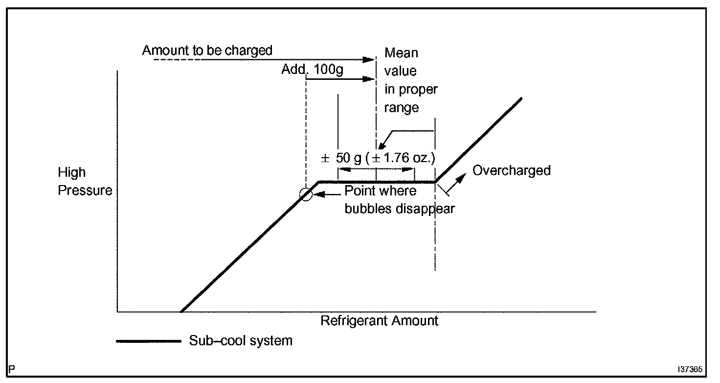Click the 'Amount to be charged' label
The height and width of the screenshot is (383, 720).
pos(207,50)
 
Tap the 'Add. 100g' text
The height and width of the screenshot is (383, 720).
pos(312,70)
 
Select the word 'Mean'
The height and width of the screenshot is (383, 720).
pos(401,52)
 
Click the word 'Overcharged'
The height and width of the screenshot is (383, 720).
pos(511,170)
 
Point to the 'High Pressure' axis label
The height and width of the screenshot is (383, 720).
pos(85,181)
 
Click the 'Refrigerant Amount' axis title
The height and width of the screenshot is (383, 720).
pos(379,321)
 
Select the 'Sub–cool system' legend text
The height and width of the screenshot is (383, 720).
pos(241,341)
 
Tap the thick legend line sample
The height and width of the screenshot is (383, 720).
pos(148,341)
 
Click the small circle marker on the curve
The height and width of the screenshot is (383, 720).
pos(306,194)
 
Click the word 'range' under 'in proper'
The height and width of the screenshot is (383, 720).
pos(401,108)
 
